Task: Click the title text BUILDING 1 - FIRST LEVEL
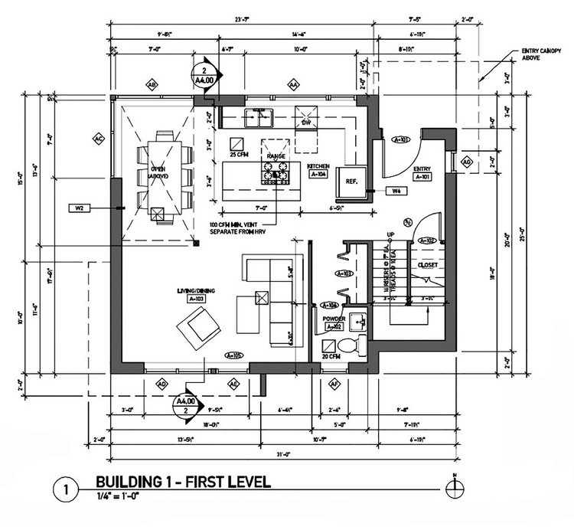[180, 483]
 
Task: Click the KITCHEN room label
[318, 165]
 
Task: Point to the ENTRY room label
[422, 168]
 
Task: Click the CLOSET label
[427, 265]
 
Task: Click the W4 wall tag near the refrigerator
[396, 190]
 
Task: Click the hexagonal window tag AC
[98, 139]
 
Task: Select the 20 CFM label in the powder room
[331, 357]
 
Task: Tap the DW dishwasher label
[305, 122]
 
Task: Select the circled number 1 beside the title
[67, 487]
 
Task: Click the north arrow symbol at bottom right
[455, 484]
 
